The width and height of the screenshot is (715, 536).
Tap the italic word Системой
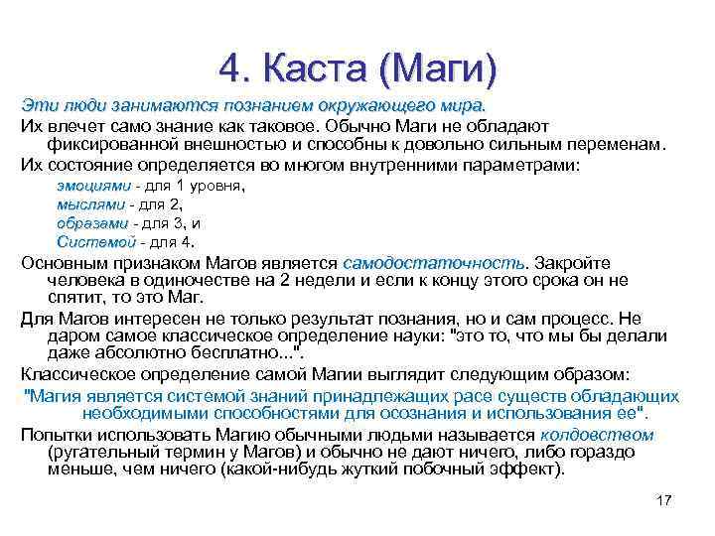coord(95,242)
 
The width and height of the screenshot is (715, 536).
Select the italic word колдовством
coord(597,435)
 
